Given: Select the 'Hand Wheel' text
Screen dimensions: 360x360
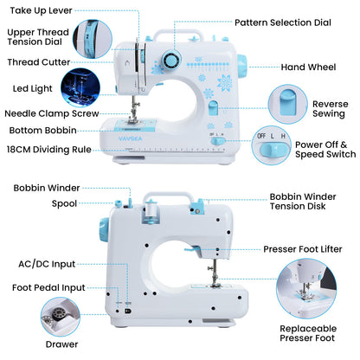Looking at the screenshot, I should [309, 66].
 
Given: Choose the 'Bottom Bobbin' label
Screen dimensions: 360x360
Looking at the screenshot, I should [43, 130].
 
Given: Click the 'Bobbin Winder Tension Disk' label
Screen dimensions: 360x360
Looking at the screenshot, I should [310, 202].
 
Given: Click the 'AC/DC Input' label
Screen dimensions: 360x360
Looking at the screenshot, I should [48, 263].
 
